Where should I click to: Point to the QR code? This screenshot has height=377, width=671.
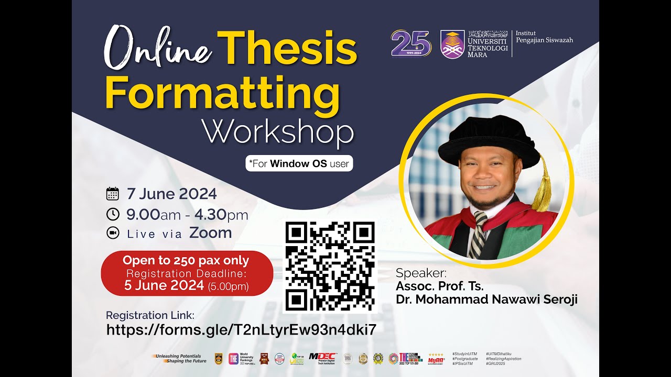coord(330,267)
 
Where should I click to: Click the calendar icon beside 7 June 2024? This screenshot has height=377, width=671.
coord(113,194)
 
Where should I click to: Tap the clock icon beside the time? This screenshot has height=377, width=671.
coord(113,214)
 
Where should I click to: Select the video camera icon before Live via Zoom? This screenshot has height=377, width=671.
coord(113,233)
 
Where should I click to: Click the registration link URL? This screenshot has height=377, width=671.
coord(241,329)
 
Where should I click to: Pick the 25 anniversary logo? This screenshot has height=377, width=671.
coord(410,43)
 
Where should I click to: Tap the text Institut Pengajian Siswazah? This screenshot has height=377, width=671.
coord(544,36)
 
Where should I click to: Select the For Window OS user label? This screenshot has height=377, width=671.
coord(299,163)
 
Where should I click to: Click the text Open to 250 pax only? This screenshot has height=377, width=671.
coord(186,260)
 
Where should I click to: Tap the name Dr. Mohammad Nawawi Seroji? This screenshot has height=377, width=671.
coord(486,300)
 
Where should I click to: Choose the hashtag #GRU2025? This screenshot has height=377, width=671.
coord(495,363)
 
